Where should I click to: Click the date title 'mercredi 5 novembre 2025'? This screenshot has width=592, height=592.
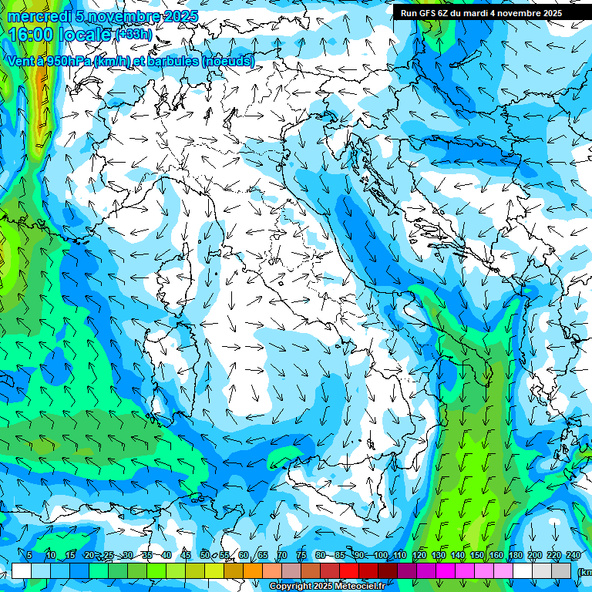(x=105, y=16)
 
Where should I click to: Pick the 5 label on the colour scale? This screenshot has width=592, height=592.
(x=29, y=556)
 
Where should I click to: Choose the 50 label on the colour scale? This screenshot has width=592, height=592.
(x=204, y=556)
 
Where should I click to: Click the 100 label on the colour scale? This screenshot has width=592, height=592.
(x=380, y=556)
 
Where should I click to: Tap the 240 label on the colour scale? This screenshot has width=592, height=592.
(x=573, y=556)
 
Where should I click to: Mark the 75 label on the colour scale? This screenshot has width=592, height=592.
(x=301, y=556)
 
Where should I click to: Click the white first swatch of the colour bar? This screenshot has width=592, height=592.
(x=21, y=570)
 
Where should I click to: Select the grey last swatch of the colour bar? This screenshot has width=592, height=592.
(x=563, y=570)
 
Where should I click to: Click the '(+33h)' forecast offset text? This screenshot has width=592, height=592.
(x=133, y=35)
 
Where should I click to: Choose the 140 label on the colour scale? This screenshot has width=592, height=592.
(x=457, y=556)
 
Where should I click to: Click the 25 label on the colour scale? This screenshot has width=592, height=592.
(x=108, y=556)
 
